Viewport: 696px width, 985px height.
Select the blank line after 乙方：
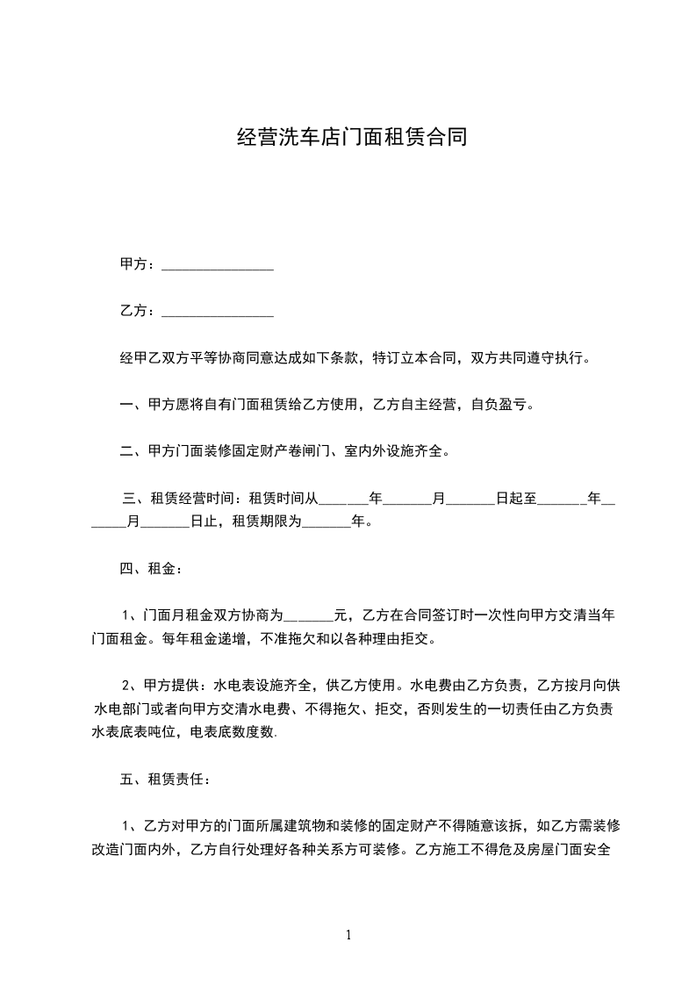point(218,312)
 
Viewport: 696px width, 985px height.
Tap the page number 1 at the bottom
point(348,935)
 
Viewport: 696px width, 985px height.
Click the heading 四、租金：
point(151,569)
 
